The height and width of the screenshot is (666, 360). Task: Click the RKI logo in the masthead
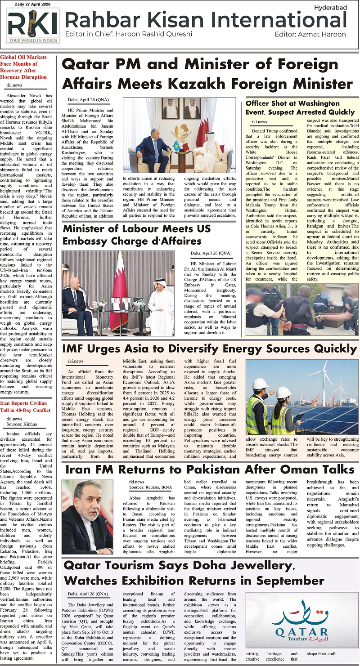point(33,26)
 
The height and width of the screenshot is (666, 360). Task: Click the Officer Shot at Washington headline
point(300,107)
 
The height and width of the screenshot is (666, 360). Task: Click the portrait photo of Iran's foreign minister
point(87,516)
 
